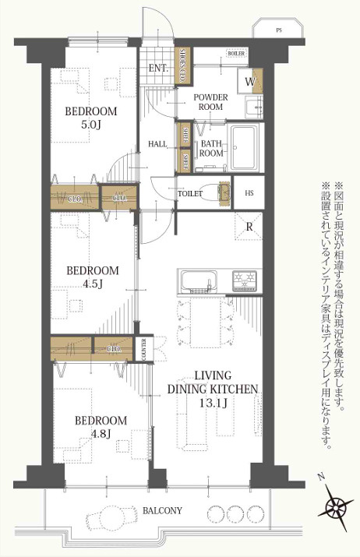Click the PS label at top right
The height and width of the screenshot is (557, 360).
[x=278, y=31]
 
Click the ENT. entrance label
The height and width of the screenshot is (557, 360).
[x=158, y=68]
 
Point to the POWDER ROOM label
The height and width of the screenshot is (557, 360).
[x=210, y=101]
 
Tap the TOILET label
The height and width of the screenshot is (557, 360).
[x=190, y=193]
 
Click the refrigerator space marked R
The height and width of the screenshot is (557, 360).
[x=248, y=227]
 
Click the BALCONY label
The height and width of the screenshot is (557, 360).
[x=163, y=511]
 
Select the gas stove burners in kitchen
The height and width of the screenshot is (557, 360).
[x=243, y=280]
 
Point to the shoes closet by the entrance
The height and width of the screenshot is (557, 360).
[x=183, y=65]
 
